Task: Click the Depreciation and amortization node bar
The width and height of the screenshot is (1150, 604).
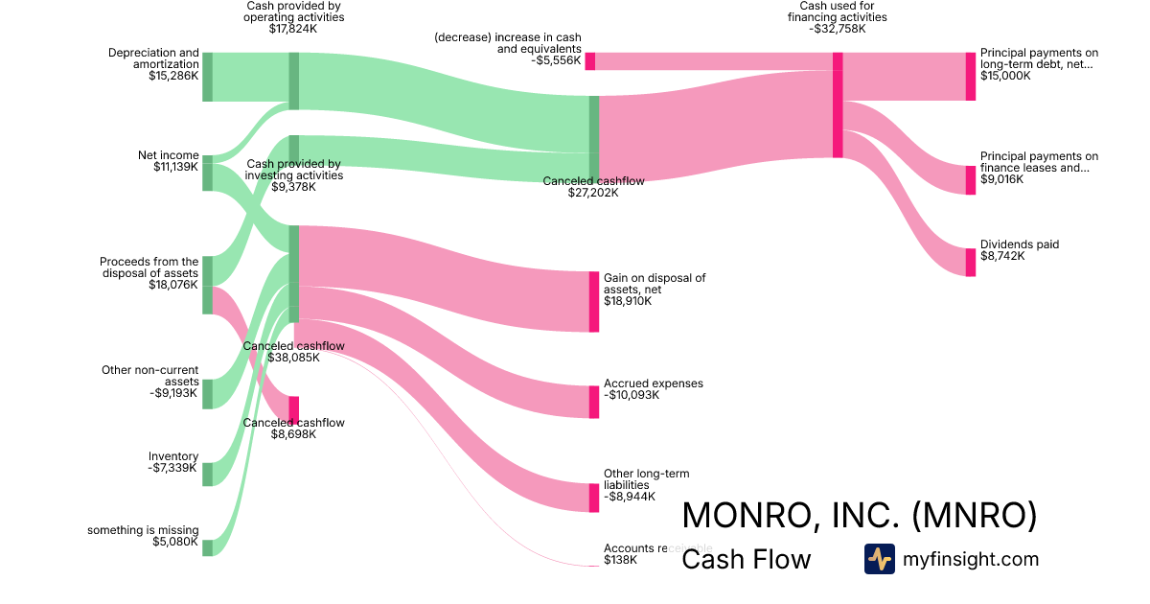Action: point(207,77)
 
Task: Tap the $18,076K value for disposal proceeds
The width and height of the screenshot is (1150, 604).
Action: point(173,285)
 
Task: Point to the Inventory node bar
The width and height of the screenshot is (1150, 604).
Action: point(207,475)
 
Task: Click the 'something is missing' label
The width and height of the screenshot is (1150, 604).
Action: point(143,530)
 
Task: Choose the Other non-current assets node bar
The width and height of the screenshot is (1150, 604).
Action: point(207,394)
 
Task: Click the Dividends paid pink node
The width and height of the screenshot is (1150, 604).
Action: point(970,262)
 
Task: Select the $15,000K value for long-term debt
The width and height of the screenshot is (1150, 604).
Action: point(1005,76)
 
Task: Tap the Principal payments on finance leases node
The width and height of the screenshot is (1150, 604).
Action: point(970,180)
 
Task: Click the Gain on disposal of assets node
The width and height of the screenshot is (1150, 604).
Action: point(593,301)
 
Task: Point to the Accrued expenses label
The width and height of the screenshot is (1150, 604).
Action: point(653,383)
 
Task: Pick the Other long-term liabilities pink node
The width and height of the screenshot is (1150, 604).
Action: point(593,498)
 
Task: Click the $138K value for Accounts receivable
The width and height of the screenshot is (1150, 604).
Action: point(620,560)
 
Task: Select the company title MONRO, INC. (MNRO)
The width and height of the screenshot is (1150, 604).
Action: point(859,515)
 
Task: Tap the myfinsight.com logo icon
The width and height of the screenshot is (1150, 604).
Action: point(879,559)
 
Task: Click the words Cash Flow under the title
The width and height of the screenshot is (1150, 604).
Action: point(746,559)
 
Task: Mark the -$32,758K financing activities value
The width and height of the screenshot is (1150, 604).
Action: point(837,29)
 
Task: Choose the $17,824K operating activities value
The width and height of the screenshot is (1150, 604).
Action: point(293,29)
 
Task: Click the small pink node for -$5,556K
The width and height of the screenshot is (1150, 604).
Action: point(589,61)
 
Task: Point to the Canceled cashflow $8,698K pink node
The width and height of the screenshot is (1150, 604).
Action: point(294,409)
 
